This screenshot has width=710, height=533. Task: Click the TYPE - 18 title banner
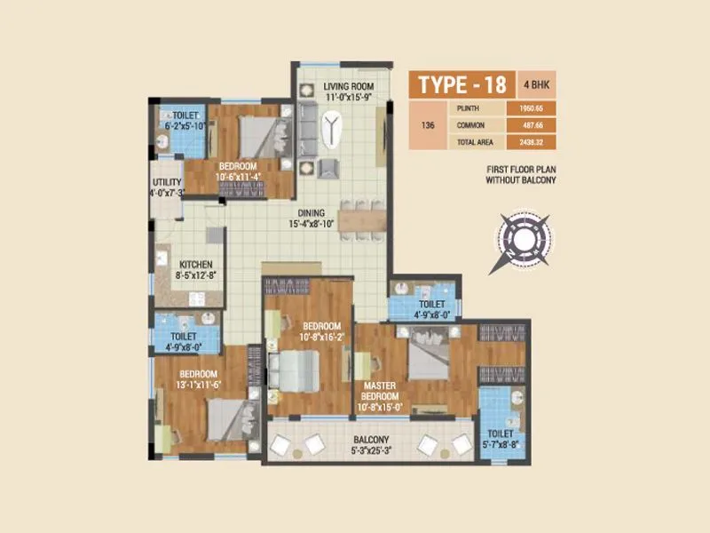tap(461, 84)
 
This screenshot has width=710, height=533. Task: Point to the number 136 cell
tap(429, 125)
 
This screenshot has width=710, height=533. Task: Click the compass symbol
tap(524, 235)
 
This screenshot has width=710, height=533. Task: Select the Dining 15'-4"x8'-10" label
tap(311, 219)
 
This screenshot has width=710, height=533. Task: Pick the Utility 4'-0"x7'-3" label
tap(167, 187)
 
